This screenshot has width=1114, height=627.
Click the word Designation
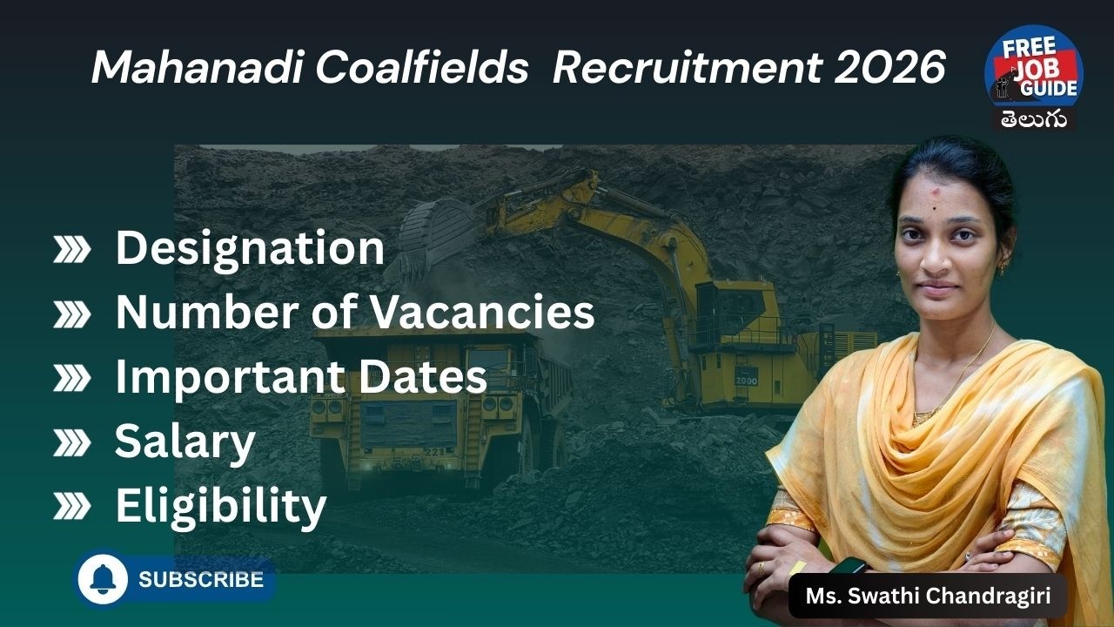(250, 248)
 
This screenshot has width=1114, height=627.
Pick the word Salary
(185, 442)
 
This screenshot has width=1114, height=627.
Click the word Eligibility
(221, 506)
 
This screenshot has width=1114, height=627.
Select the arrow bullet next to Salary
(71, 443)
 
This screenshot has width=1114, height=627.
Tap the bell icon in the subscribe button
(103, 580)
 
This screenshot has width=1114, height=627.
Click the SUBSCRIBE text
(201, 580)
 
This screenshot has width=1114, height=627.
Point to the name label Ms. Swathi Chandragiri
(927, 597)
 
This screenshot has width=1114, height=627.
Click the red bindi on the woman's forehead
(933, 189)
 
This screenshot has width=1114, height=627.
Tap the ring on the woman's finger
(762, 567)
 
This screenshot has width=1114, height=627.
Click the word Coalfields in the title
(421, 68)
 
